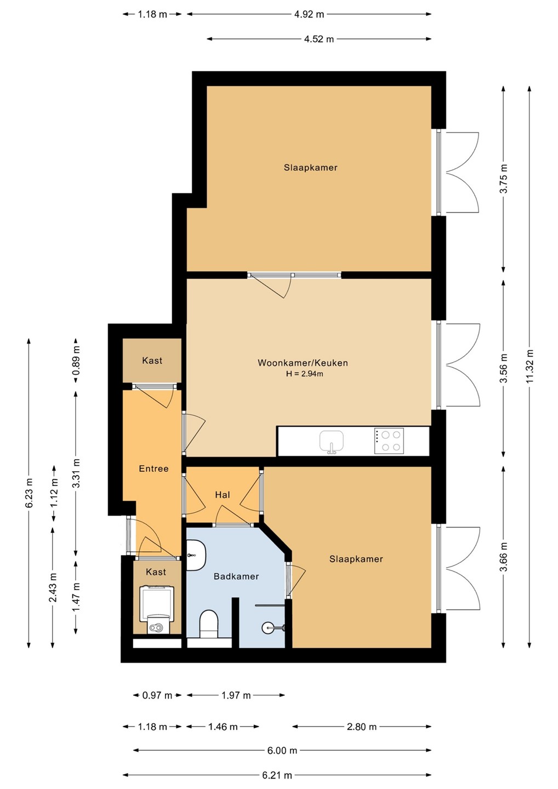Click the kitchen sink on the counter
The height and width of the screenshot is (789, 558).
click(x=331, y=441)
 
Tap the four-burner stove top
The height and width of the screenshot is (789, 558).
click(x=389, y=441)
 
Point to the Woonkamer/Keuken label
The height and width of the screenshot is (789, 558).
click(x=303, y=363)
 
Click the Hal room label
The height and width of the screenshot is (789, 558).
click(x=223, y=495)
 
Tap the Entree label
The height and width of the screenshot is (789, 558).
click(x=153, y=468)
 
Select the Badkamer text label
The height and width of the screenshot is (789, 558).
click(x=236, y=576)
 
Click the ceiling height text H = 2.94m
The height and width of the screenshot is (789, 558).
click(x=304, y=374)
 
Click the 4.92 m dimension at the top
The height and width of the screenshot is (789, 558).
click(x=309, y=14)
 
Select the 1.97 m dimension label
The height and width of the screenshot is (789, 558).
click(x=236, y=695)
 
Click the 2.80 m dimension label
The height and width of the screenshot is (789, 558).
click(x=361, y=727)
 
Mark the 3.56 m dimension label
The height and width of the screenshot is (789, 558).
click(x=504, y=368)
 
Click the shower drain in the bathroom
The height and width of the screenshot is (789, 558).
click(x=267, y=627)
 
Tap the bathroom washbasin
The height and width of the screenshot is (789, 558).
click(x=196, y=556)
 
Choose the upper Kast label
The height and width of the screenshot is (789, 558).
click(x=152, y=361)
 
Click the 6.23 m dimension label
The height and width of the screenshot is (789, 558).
click(x=30, y=493)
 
